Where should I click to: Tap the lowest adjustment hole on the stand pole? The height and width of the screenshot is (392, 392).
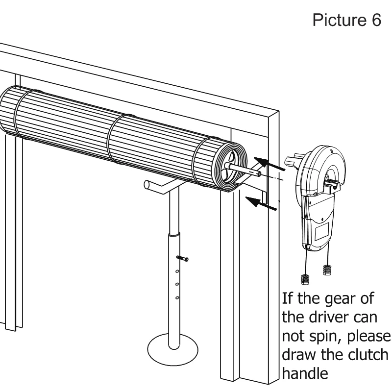[x=177, y=297]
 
